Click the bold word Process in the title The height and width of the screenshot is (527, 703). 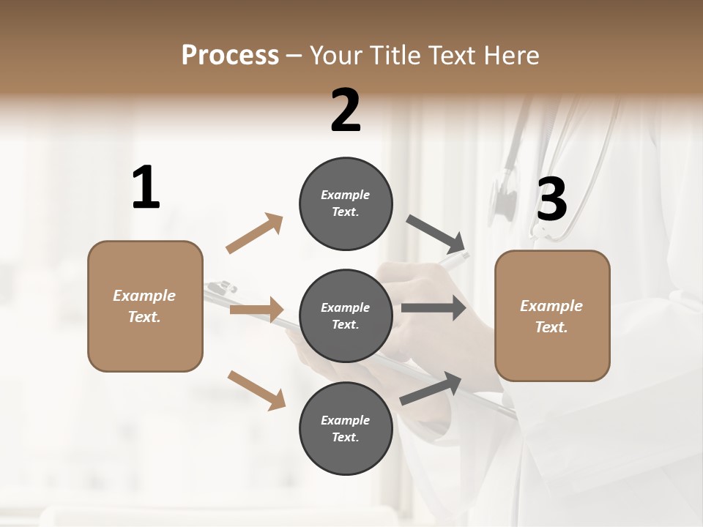tap(230, 56)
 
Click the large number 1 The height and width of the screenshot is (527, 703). tap(146, 188)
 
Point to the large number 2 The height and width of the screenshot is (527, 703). tap(346, 111)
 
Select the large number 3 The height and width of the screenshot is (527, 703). tap(551, 200)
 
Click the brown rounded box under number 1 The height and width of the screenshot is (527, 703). tap(145, 306)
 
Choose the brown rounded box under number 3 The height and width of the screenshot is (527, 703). tap(552, 315)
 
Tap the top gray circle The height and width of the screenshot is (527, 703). tap(346, 203)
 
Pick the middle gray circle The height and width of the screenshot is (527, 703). tap(346, 315)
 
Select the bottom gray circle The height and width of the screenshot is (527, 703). tap(346, 428)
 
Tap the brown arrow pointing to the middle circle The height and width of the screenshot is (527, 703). tap(256, 310)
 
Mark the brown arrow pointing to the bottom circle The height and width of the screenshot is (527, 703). tap(256, 390)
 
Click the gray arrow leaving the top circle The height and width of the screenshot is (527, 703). tap(437, 233)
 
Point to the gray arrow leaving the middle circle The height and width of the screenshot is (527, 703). tap(434, 308)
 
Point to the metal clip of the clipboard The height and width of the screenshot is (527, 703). tap(221, 287)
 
